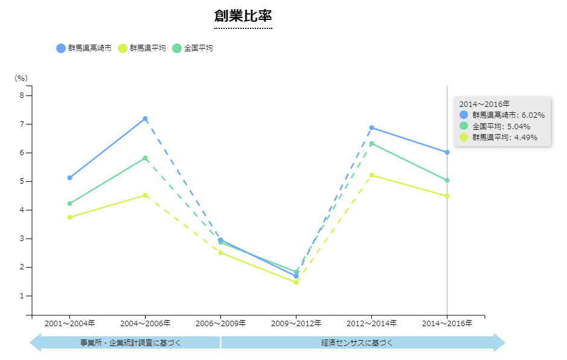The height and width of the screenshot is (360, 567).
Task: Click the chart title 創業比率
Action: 243,16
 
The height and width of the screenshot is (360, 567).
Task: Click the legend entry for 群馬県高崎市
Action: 84,48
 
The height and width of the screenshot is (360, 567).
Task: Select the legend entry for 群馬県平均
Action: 142,48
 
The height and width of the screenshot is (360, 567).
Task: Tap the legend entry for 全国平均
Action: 193,48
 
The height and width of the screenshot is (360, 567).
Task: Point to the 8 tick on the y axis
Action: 21,95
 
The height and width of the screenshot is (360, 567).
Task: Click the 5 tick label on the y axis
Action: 21,181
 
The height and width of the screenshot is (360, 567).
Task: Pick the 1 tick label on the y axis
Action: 21,296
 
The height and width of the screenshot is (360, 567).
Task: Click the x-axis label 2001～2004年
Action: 69,324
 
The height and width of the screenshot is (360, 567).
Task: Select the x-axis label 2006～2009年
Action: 220,324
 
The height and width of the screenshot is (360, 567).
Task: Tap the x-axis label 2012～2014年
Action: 371,324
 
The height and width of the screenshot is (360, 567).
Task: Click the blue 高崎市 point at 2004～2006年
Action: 145,119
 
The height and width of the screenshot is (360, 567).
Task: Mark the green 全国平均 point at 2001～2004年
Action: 69,204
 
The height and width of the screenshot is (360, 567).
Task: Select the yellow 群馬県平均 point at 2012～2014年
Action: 371,175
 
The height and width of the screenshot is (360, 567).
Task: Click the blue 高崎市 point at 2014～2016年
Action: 447,152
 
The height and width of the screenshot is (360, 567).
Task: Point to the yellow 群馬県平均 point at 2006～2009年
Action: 220,252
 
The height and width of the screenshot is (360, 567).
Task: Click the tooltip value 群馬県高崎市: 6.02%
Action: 508,115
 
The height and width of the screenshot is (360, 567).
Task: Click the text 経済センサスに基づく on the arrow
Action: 357,343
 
